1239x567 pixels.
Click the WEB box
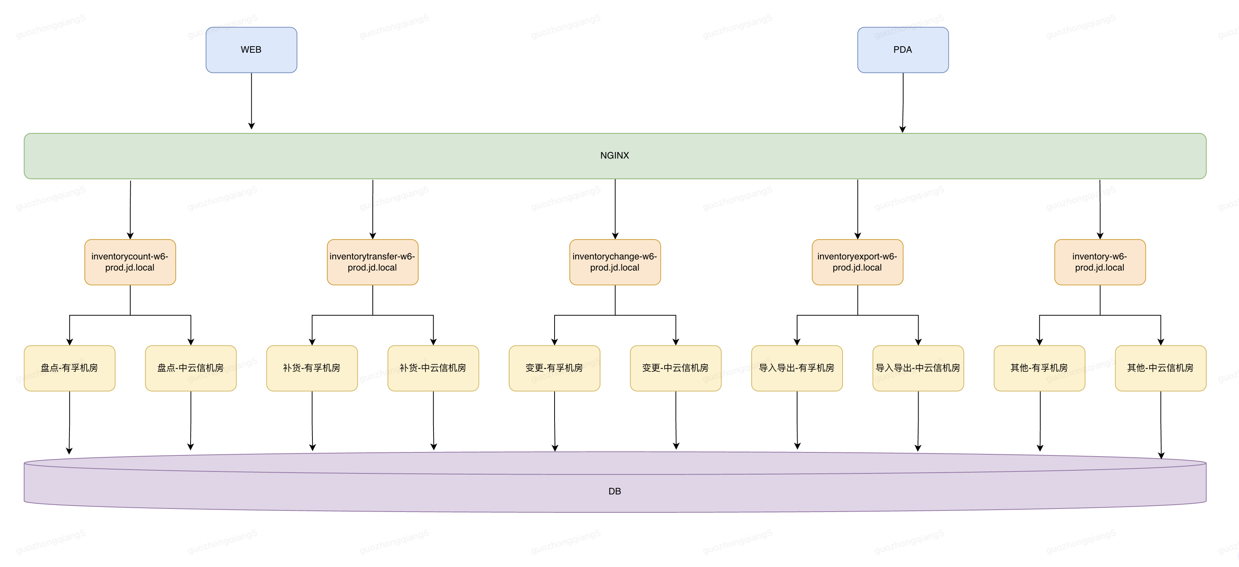coord(251,50)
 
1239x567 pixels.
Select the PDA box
coord(903,50)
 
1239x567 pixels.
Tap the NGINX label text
coord(615,156)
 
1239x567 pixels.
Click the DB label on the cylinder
coord(615,491)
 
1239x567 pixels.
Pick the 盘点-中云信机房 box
coord(191,368)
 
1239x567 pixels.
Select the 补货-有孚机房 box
coord(312,368)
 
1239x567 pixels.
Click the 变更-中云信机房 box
coord(676,368)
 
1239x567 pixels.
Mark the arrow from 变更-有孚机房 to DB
coord(555,421)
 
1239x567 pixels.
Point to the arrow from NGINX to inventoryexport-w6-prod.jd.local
coord(857,209)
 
